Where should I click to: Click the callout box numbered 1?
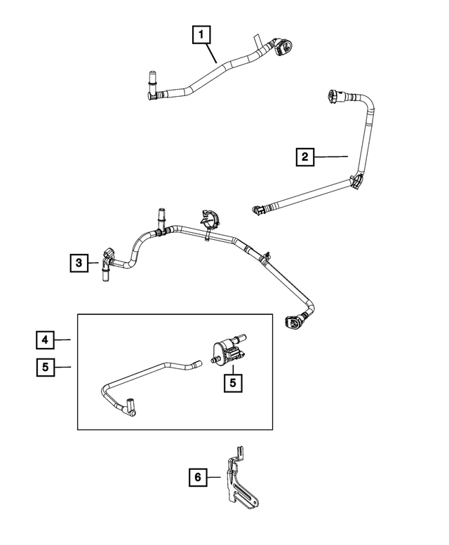click(x=201, y=35)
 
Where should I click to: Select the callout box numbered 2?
click(x=304, y=156)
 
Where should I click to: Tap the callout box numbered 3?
click(x=79, y=263)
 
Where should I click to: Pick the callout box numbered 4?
click(x=45, y=339)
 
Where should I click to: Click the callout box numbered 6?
click(x=198, y=477)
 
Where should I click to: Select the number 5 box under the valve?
click(x=233, y=383)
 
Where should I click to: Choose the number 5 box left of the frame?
click(x=45, y=367)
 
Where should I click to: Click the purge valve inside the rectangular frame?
click(x=229, y=350)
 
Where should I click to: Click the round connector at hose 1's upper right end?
click(x=283, y=48)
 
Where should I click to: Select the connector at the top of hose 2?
click(x=336, y=96)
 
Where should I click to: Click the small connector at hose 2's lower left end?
click(x=259, y=210)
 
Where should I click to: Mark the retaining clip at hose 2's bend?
click(x=356, y=182)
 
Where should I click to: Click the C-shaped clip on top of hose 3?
click(x=208, y=220)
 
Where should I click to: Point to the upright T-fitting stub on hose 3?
click(x=161, y=221)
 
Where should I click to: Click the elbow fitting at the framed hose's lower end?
click(x=130, y=408)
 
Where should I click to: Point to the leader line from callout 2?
click(x=331, y=156)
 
